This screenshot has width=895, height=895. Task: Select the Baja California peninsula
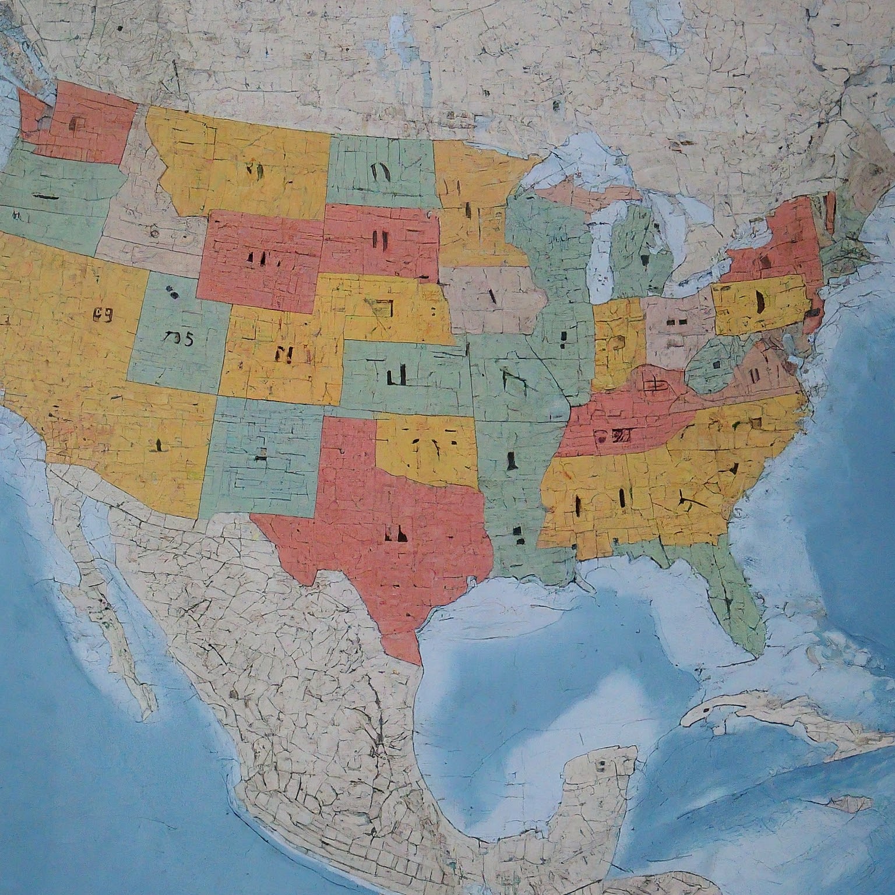[117, 629]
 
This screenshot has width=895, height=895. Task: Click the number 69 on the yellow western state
[102, 315]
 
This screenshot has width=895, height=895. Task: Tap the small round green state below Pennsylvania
[714, 364]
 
